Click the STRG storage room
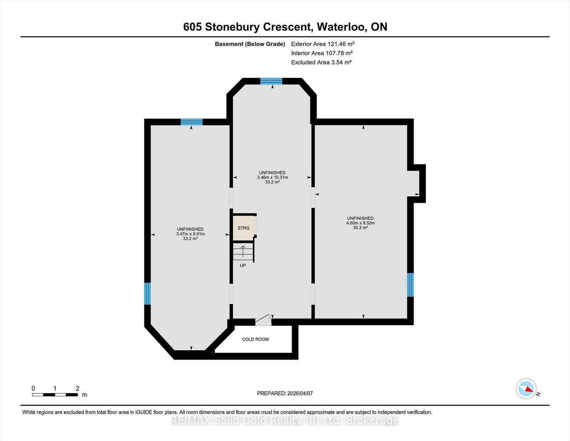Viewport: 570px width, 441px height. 244,228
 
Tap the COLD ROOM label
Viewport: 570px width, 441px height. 255,339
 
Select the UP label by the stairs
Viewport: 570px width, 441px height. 243,265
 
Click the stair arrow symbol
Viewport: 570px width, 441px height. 243,251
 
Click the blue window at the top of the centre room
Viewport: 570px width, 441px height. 271,81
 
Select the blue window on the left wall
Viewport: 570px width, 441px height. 147,294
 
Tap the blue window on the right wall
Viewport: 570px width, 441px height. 410,285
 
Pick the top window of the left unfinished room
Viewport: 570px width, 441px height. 192,122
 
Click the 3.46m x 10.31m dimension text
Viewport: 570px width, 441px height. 272,178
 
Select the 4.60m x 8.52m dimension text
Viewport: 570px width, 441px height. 361,223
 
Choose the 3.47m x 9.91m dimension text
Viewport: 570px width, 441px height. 191,234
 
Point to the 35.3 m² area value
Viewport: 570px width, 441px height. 361,228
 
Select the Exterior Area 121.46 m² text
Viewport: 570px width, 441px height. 323,44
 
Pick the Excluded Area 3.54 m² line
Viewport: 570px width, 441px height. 321,62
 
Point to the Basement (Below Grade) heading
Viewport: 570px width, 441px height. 250,44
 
